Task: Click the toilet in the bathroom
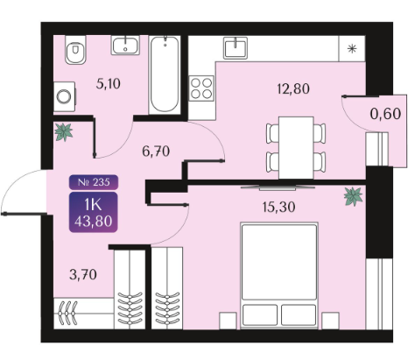coord(75,50)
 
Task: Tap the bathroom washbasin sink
coord(125,45)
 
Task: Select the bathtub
coord(165,74)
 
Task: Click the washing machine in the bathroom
coord(65,96)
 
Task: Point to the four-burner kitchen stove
coord(201,88)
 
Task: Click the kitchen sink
coord(236,48)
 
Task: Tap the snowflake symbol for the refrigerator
coord(353,49)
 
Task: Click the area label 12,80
coord(293,88)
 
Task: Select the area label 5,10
coord(109,84)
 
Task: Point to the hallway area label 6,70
coord(156,152)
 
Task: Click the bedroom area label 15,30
coord(279,207)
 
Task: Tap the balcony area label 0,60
coord(385,114)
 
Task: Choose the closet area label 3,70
coord(83,275)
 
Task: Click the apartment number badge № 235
coord(94,182)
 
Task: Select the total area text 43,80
coord(94,222)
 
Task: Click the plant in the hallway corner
coord(64,132)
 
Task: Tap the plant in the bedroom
coord(353,196)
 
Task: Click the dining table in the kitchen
coord(296,148)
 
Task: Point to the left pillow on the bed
coord(260,314)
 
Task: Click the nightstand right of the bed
coord(330,321)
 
